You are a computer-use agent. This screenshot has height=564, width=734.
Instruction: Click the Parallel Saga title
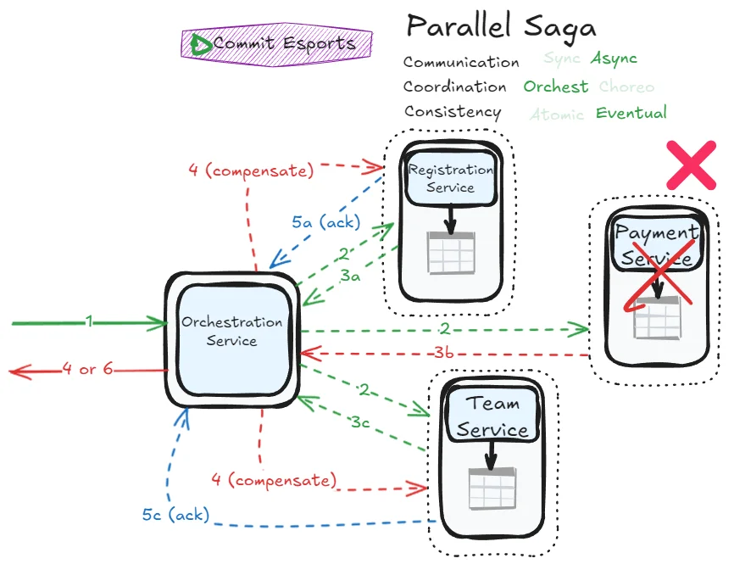pos(501,27)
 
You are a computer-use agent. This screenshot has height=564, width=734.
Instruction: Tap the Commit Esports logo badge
pos(277,43)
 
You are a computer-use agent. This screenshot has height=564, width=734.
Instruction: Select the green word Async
pos(614,59)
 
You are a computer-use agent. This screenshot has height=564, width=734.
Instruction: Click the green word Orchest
pos(555,87)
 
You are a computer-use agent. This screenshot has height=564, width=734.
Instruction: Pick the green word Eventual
pos(631,113)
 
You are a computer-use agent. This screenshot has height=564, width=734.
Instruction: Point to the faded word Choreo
pos(626,87)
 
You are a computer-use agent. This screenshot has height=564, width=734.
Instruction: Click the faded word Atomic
pos(557,114)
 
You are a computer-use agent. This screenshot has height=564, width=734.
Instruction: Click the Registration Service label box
pos(450,178)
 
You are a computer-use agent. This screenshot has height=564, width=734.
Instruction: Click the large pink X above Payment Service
pos(692,165)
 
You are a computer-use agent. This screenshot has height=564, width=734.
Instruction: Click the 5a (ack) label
pos(326,223)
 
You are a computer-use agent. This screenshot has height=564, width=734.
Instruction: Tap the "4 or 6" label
pos(88,370)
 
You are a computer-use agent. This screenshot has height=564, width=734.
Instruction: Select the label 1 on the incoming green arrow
pos(88,322)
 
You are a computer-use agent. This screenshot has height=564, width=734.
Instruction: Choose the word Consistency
pos(453,112)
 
